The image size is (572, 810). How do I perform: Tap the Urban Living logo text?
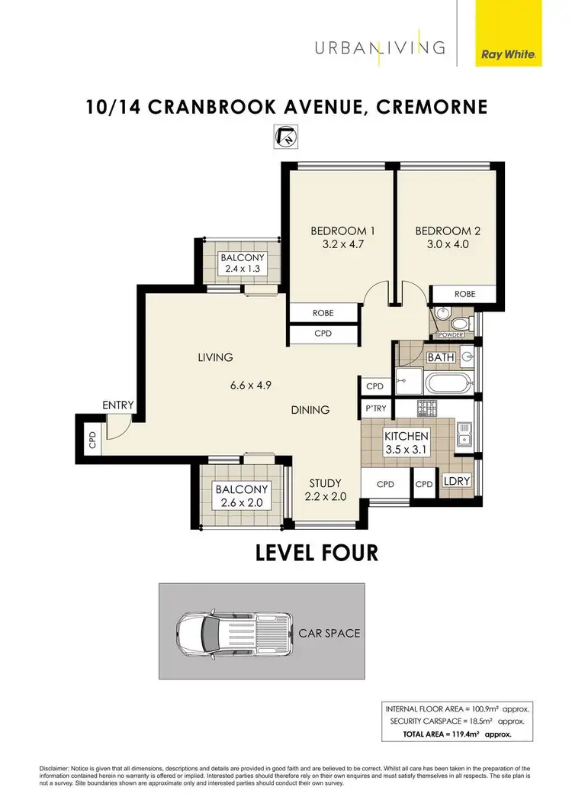(x=380, y=47)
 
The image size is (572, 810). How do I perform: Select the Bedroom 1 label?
(x=341, y=231)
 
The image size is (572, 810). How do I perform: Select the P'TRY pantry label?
(x=376, y=408)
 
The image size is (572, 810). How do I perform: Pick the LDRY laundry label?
(x=456, y=482)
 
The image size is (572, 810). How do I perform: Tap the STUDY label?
(x=324, y=483)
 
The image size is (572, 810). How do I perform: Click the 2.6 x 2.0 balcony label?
(x=241, y=503)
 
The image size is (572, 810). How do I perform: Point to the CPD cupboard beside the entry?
(x=92, y=440)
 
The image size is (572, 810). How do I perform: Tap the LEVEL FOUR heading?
(x=317, y=552)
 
